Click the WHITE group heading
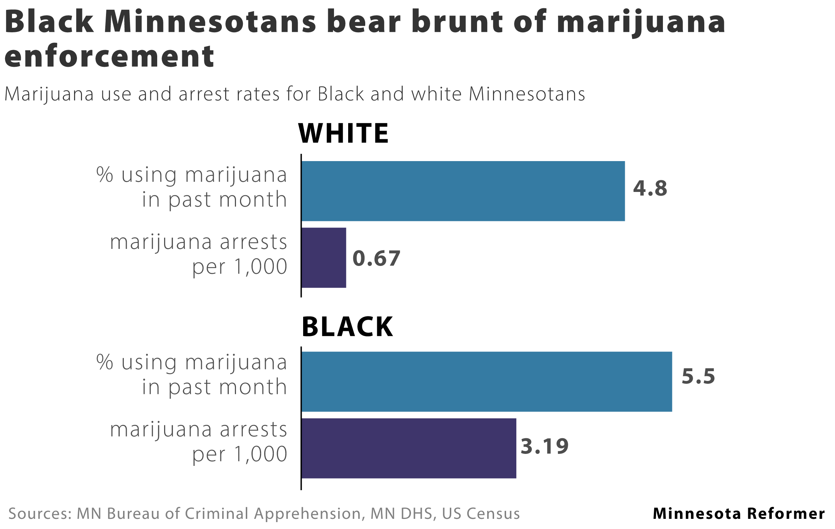(x=343, y=134)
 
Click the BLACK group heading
(x=347, y=327)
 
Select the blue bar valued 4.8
(x=463, y=191)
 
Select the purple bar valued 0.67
(x=323, y=258)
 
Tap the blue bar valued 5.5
(x=486, y=382)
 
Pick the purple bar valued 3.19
(x=408, y=448)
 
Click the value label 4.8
(x=650, y=188)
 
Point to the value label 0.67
(x=376, y=258)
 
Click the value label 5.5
(x=698, y=376)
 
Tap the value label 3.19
(x=544, y=446)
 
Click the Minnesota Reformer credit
(x=739, y=514)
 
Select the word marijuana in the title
(x=641, y=22)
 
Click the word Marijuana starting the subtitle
(x=49, y=94)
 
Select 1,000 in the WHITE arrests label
(x=261, y=267)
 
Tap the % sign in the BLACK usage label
(x=105, y=362)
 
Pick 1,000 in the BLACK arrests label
(x=261, y=454)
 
